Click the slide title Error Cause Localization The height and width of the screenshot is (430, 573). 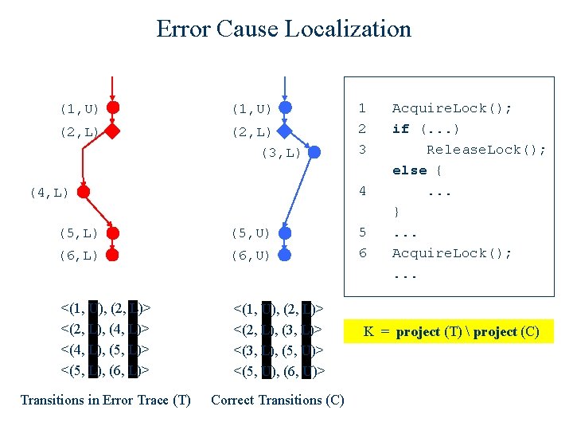[284, 29]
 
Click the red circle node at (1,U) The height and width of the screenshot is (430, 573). [113, 107]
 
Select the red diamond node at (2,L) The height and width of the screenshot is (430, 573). [113, 131]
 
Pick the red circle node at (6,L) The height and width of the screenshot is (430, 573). [113, 256]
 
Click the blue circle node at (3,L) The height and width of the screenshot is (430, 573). [314, 152]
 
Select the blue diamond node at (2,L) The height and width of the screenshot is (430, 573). [285, 131]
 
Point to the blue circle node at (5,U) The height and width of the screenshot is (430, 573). [285, 233]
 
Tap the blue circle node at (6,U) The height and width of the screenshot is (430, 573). [285, 256]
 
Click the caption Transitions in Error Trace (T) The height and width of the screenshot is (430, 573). [105, 400]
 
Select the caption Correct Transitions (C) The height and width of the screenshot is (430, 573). [278, 400]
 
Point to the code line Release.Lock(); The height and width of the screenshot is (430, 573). [486, 150]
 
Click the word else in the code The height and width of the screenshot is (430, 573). [409, 170]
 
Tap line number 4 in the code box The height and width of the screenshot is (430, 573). [362, 191]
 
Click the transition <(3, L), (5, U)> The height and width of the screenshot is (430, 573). [278, 349]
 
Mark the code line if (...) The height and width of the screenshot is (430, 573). [426, 129]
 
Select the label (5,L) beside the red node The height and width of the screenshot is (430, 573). [79, 233]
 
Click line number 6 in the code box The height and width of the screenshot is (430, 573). [362, 253]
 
